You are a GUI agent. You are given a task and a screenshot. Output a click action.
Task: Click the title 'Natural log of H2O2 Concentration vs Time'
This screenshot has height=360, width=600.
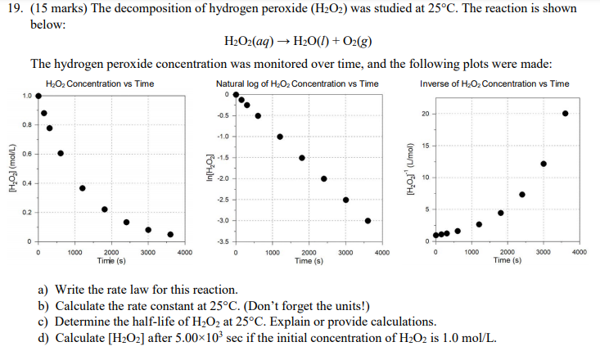297,84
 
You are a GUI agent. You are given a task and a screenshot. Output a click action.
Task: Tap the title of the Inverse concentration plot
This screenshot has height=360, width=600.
494,84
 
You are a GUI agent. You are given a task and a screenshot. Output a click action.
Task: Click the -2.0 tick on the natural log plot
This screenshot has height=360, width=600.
221,178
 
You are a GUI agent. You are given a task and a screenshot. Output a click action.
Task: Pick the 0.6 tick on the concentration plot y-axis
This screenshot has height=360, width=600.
27,154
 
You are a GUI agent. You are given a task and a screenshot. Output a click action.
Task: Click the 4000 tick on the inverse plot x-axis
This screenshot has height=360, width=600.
579,253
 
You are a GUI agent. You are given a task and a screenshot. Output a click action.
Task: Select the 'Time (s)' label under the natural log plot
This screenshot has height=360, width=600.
309,260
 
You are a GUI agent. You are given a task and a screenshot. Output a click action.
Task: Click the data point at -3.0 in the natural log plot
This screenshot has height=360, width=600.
368,220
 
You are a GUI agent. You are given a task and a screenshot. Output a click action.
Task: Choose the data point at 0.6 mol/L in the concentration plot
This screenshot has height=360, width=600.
61,153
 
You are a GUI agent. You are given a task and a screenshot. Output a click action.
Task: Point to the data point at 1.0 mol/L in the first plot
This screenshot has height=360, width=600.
38,96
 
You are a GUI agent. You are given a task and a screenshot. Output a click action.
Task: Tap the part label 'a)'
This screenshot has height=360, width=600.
43,290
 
